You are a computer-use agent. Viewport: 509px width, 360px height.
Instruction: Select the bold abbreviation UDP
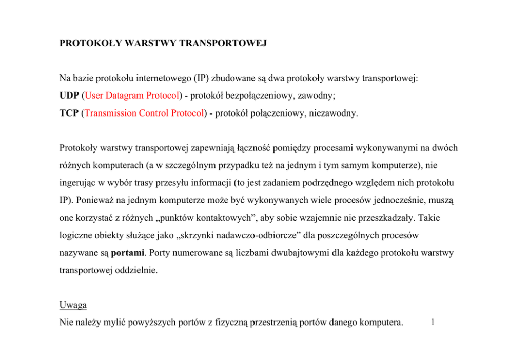click(x=69, y=96)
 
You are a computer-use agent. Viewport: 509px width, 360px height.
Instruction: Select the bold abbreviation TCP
click(x=69, y=113)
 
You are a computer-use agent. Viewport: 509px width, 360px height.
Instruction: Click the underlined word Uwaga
click(x=73, y=305)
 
